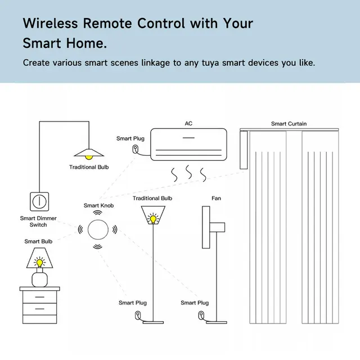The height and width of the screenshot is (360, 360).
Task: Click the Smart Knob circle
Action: point(98,229)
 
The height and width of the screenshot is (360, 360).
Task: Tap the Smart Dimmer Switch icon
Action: point(39,201)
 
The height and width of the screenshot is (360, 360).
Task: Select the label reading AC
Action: point(188,124)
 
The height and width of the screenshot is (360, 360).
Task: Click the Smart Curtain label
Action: point(289,124)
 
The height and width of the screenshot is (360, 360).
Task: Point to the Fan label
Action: point(216,198)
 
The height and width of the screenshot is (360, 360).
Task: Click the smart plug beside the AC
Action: point(136,149)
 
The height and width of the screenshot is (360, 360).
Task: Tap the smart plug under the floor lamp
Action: point(138,315)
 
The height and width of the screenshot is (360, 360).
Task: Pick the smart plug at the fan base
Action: point(201,315)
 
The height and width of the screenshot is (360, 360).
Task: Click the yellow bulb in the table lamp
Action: point(40,263)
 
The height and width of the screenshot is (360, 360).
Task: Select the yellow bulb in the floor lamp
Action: point(153,219)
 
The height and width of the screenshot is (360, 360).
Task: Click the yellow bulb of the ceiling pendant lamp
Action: point(89,157)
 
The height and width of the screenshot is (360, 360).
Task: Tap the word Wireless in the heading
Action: point(51,23)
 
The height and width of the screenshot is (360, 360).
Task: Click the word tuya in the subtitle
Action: point(210,63)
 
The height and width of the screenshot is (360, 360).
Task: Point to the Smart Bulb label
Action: point(38,241)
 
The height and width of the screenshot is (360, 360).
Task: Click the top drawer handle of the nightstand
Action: point(40,297)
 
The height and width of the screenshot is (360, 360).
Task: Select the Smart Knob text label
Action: point(99,205)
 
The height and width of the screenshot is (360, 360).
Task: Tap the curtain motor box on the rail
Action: point(244,150)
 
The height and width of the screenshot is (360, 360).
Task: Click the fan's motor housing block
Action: point(217,227)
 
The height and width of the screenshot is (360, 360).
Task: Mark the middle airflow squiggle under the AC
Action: point(189,172)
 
